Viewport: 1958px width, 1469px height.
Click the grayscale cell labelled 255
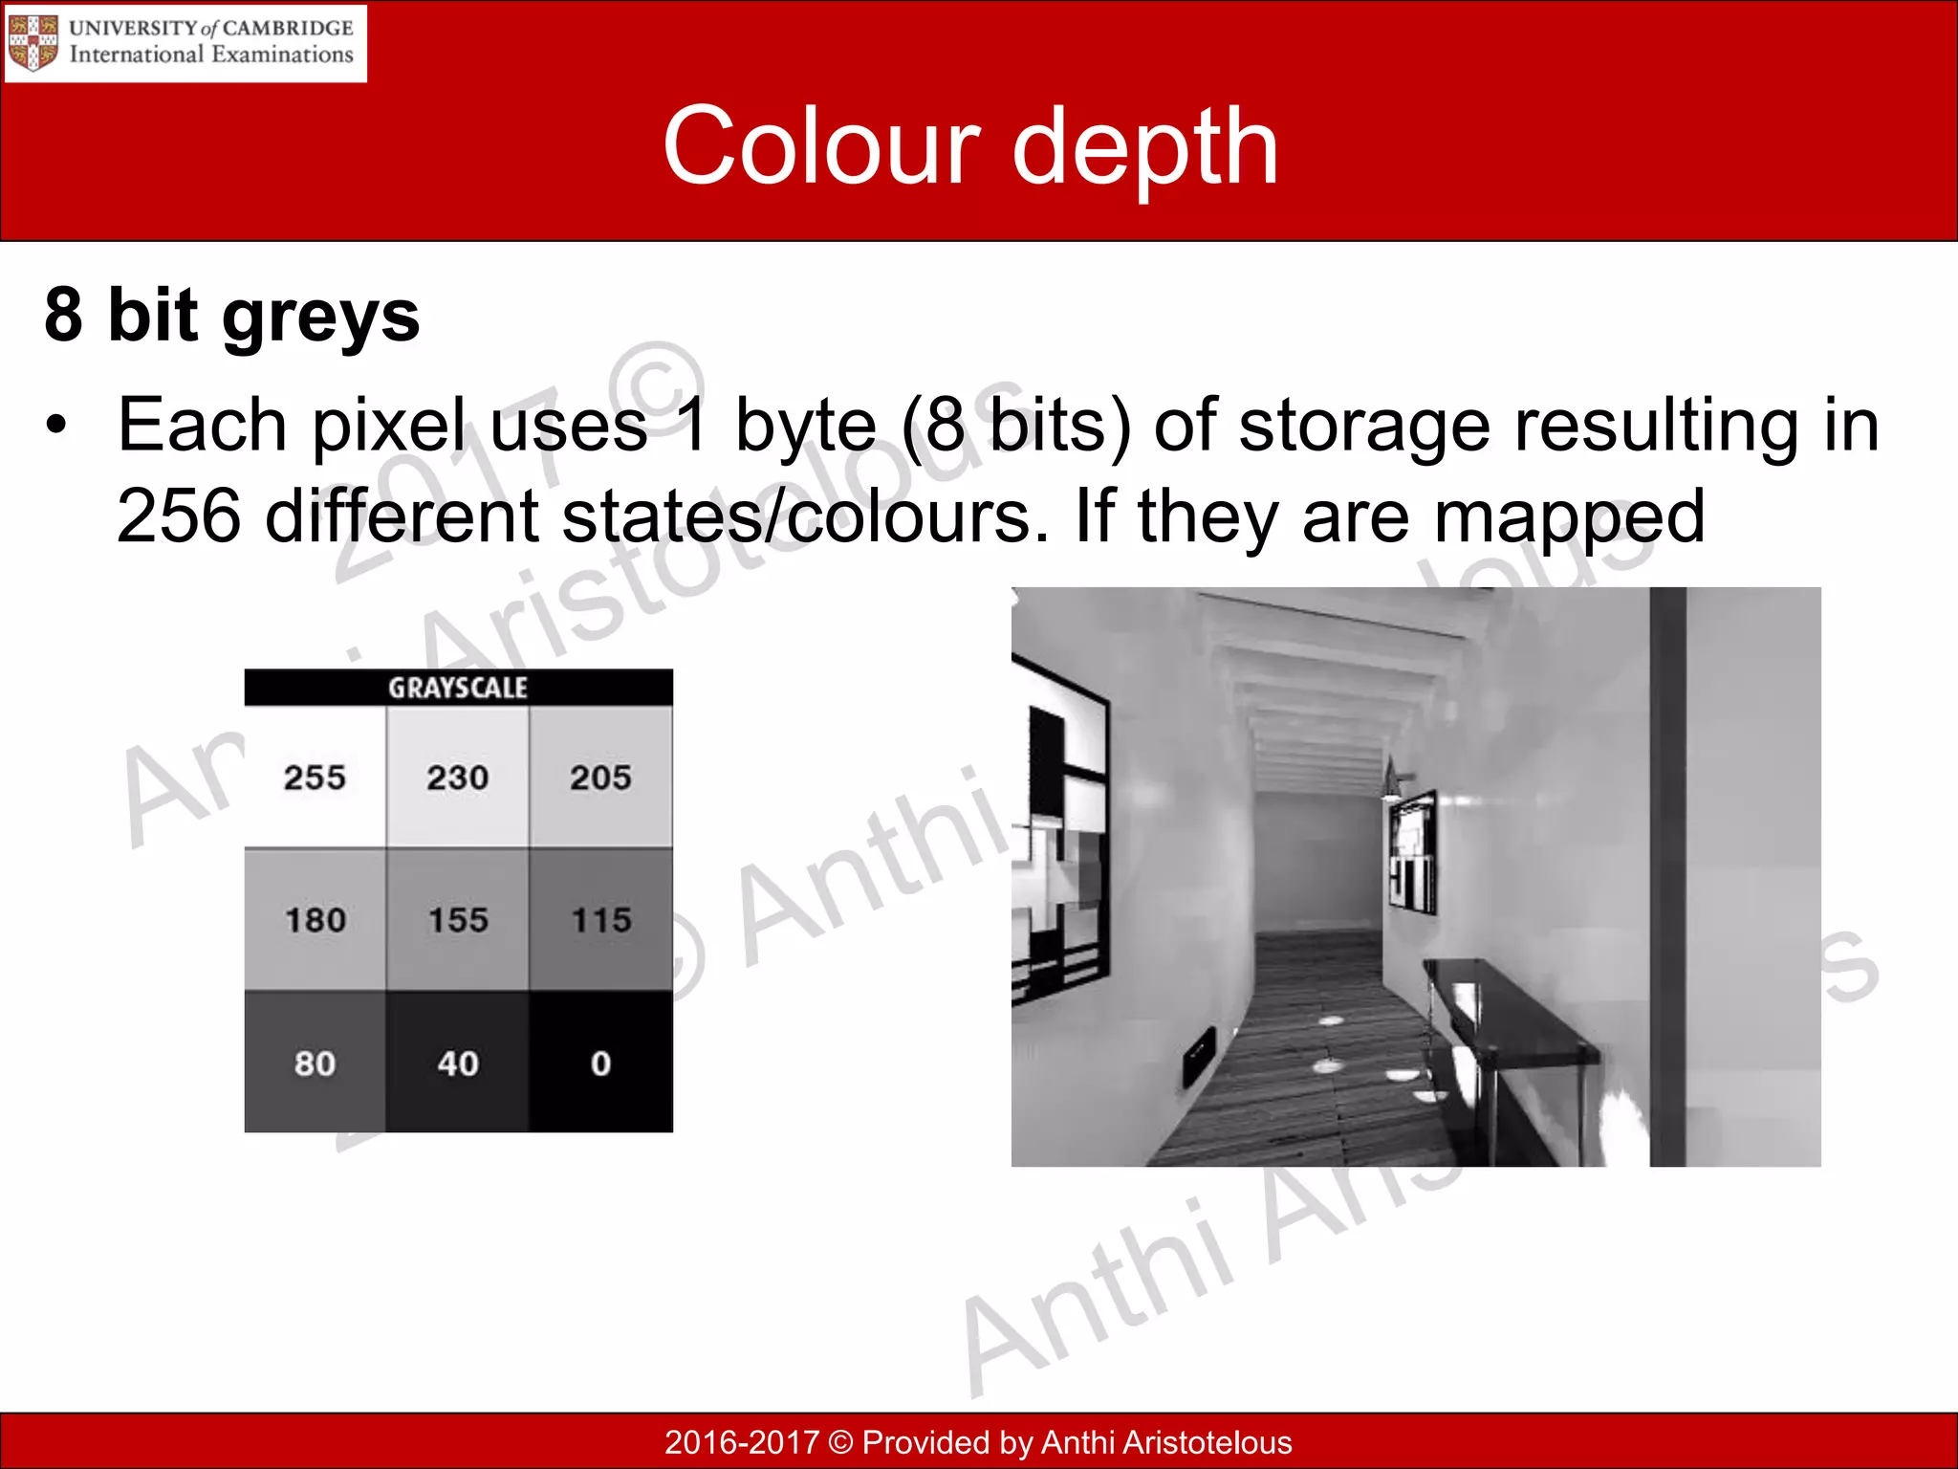[x=315, y=777]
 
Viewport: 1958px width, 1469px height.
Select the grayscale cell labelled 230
[x=457, y=777]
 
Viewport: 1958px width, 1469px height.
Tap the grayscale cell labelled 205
[x=600, y=777]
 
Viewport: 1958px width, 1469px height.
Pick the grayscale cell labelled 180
[x=315, y=919]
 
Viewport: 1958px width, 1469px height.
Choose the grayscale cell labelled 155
[x=457, y=919]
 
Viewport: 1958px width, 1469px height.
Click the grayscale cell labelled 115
[x=600, y=919]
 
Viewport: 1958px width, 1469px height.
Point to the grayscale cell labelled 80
[x=315, y=1063]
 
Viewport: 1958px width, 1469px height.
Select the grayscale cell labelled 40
[x=457, y=1063]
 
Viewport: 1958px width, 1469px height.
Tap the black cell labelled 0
[x=600, y=1063]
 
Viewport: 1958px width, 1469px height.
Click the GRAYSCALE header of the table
[x=458, y=688]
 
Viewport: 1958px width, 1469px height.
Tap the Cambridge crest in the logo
[x=33, y=43]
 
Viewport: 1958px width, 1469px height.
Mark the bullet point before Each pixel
[x=57, y=425]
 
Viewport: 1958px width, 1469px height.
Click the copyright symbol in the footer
[x=840, y=1442]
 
